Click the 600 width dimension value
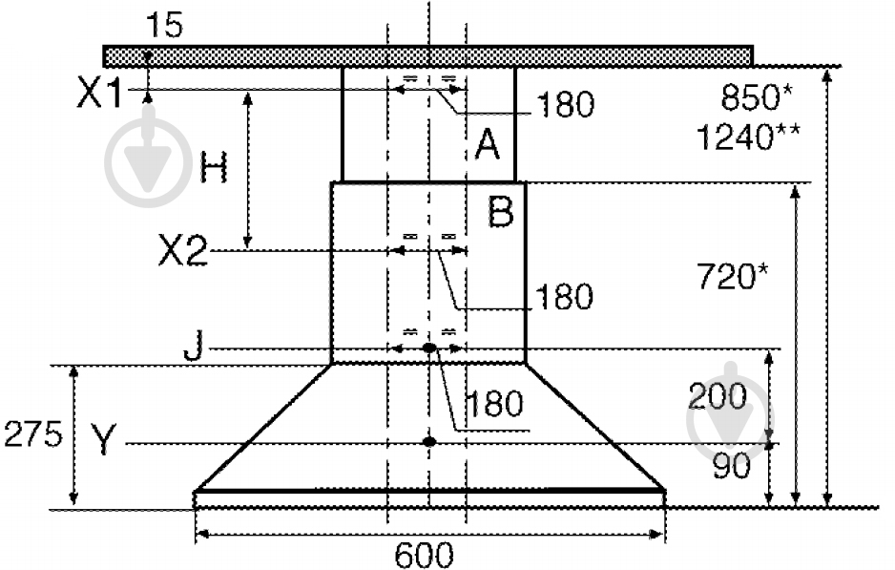click(x=424, y=554)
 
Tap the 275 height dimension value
click(x=32, y=434)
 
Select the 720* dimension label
click(x=733, y=276)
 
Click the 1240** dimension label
click(x=748, y=137)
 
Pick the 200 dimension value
click(x=718, y=396)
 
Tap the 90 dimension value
click(x=732, y=466)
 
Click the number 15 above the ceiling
click(x=164, y=25)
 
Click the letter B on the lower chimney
click(x=501, y=211)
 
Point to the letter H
click(x=214, y=167)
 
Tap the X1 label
click(x=99, y=93)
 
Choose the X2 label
click(x=182, y=250)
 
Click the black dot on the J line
click(x=429, y=348)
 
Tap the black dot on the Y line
click(x=429, y=441)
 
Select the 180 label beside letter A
click(x=566, y=104)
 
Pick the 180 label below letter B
click(x=563, y=296)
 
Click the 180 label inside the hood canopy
click(x=494, y=403)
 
